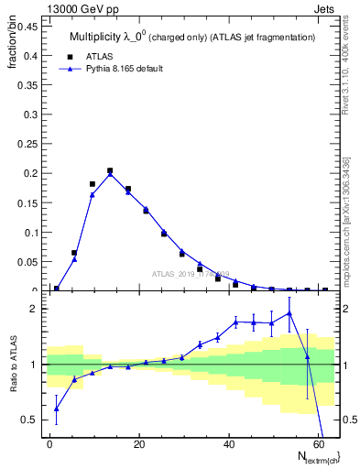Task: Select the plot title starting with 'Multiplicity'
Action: [191, 37]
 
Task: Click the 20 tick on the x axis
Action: [137, 443]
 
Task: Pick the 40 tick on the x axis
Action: [227, 443]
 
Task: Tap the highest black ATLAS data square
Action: [110, 170]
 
